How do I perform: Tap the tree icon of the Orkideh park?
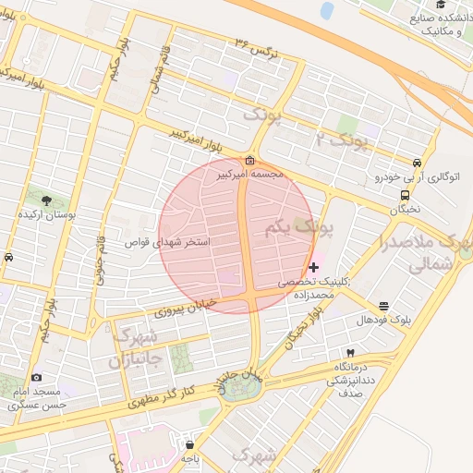point(47,199)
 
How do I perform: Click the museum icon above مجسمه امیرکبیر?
point(250,160)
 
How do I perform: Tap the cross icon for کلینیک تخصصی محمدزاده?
point(314,267)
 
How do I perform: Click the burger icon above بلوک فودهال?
point(384,306)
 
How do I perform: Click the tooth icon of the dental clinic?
point(349,353)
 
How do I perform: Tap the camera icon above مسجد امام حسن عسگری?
point(36,377)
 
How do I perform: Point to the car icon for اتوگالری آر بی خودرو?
point(418,163)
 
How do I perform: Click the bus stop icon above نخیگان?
point(405,195)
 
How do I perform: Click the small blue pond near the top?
point(326,10)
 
